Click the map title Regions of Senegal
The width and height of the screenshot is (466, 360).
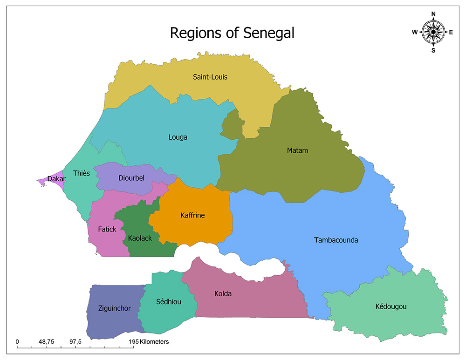tap(232, 33)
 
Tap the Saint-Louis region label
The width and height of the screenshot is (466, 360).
tap(210, 77)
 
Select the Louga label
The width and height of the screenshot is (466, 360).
tap(178, 137)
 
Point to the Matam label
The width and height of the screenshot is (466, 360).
tap(297, 150)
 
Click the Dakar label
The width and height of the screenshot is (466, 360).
tap(56, 179)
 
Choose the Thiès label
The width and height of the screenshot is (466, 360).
tap(82, 173)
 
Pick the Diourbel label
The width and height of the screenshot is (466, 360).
tap(131, 178)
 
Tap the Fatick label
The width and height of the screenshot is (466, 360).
tap(107, 229)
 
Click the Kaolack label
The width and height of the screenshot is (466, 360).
tap(140, 238)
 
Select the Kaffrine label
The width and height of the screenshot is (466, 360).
tap(192, 215)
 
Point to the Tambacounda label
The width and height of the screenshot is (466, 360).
tap(336, 240)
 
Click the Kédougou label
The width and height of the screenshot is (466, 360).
tap(391, 306)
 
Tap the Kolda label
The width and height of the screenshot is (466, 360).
tap(223, 294)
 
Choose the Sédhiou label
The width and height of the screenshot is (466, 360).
tap(169, 302)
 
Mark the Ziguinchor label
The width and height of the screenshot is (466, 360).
tap(114, 308)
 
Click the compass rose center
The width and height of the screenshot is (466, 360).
tap(433, 32)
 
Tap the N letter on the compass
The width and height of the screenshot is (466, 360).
tap(433, 14)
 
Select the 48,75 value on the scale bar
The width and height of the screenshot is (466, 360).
tap(47, 342)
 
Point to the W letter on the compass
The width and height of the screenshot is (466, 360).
tap(414, 32)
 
